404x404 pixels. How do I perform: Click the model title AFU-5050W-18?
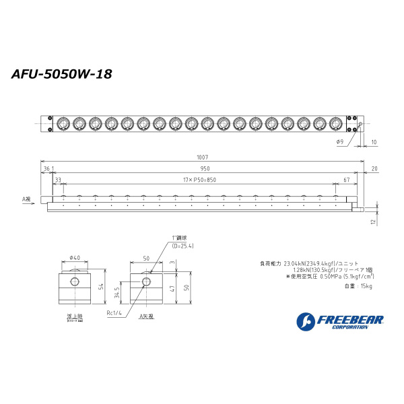(61, 74)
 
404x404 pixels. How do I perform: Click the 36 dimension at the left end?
(46, 169)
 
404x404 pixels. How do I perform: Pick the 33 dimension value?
(58, 179)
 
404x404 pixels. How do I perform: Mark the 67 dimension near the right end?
(345, 179)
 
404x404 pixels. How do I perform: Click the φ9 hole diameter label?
(339, 141)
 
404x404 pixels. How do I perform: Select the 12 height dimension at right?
(372, 221)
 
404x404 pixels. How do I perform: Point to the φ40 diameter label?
(74, 257)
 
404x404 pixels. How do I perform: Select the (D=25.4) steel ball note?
(182, 245)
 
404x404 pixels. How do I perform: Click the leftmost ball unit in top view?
(63, 123)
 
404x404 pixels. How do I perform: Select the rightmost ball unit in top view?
(336, 123)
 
